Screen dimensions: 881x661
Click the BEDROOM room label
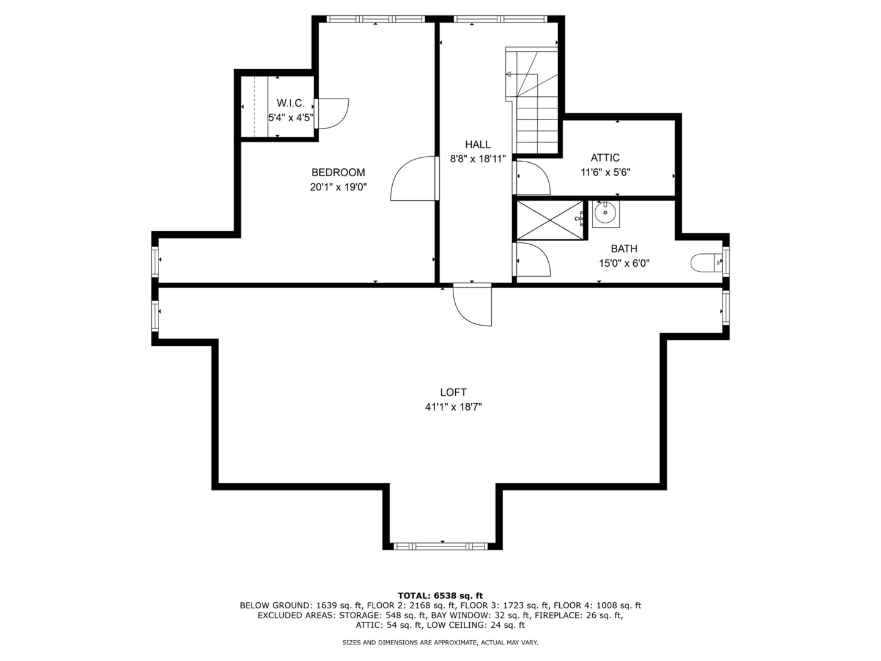click(338, 173)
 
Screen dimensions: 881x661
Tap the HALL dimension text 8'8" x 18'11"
click(478, 159)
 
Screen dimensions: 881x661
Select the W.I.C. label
click(291, 103)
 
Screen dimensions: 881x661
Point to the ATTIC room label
click(605, 158)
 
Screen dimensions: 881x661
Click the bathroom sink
click(605, 213)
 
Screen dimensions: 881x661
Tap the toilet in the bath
click(705, 263)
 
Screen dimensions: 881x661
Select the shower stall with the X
click(549, 220)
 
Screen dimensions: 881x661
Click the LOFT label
click(453, 392)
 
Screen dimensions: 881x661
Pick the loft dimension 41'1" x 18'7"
click(453, 407)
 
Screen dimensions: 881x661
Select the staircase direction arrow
click(521, 74)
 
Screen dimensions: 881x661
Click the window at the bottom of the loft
click(441, 546)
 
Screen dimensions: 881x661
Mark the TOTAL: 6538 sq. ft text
click(441, 596)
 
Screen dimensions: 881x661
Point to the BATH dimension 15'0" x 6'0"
click(624, 263)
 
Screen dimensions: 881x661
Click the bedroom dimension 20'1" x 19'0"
click(338, 187)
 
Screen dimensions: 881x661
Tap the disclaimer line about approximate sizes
click(440, 643)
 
